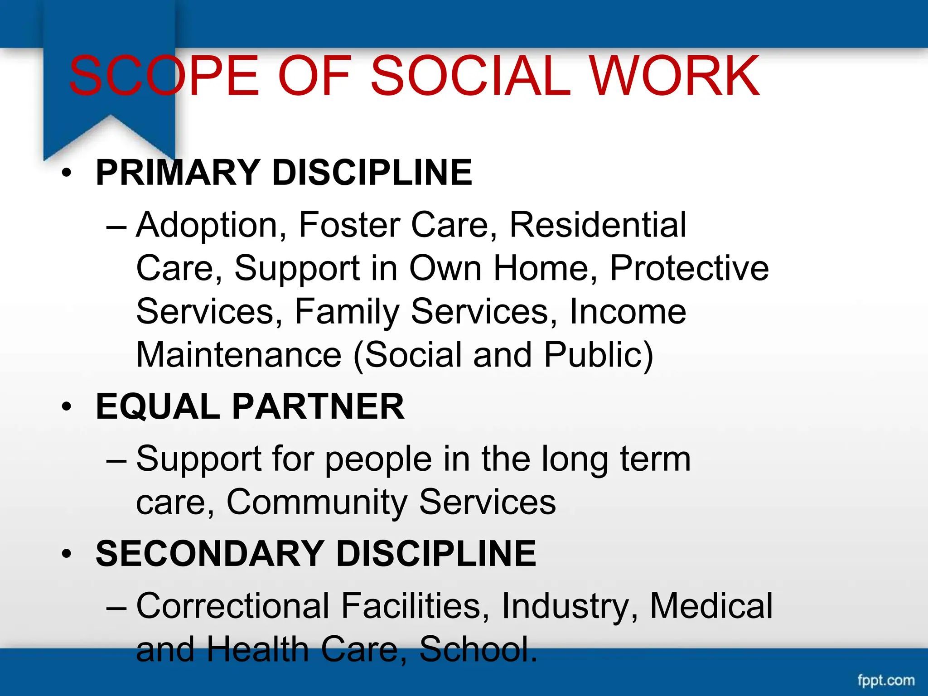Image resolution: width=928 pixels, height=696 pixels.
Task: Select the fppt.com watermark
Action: (886, 680)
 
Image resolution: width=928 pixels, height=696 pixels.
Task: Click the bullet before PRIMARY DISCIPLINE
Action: (67, 173)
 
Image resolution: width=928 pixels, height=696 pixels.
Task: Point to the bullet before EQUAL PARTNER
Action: (67, 407)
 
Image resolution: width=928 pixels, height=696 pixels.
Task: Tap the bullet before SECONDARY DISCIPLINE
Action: (67, 554)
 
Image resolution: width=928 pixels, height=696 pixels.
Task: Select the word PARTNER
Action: (318, 407)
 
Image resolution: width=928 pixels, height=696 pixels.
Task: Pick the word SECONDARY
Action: (210, 554)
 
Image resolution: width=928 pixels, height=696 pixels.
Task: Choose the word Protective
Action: (689, 268)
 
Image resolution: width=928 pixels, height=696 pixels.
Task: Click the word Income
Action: (628, 312)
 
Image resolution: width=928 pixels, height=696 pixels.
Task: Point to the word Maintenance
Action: (239, 355)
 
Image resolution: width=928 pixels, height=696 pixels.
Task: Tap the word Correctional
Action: (233, 606)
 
